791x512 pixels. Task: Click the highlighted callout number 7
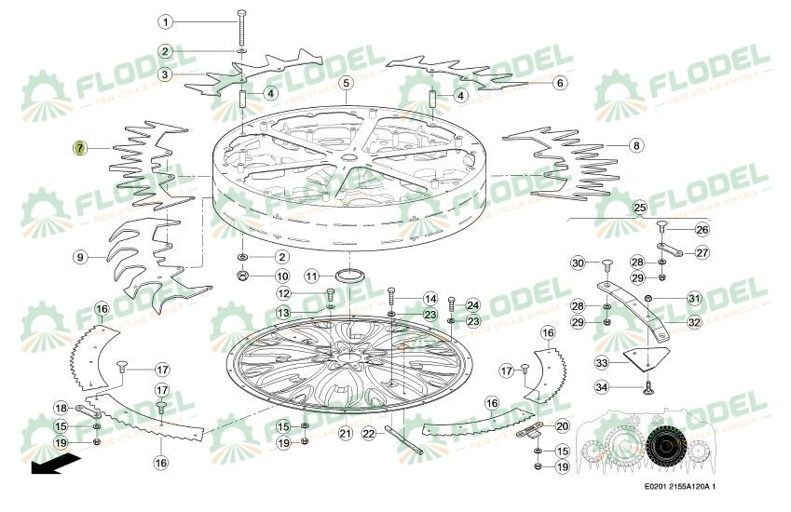coord(80,147)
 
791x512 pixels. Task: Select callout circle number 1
coord(165,20)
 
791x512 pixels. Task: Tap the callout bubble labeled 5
coord(346,83)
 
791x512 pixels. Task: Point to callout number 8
coord(635,145)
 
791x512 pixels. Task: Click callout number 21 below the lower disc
coord(345,433)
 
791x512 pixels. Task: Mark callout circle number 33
coord(603,362)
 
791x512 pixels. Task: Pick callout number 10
coord(282,276)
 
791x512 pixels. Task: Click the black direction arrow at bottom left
coord(54,466)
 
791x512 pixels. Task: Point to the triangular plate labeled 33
coord(650,358)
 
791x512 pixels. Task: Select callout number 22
coord(369,433)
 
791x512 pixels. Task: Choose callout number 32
coord(694,322)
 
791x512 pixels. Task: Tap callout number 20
coord(562,425)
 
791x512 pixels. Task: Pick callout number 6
coord(559,83)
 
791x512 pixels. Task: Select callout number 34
coord(603,387)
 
